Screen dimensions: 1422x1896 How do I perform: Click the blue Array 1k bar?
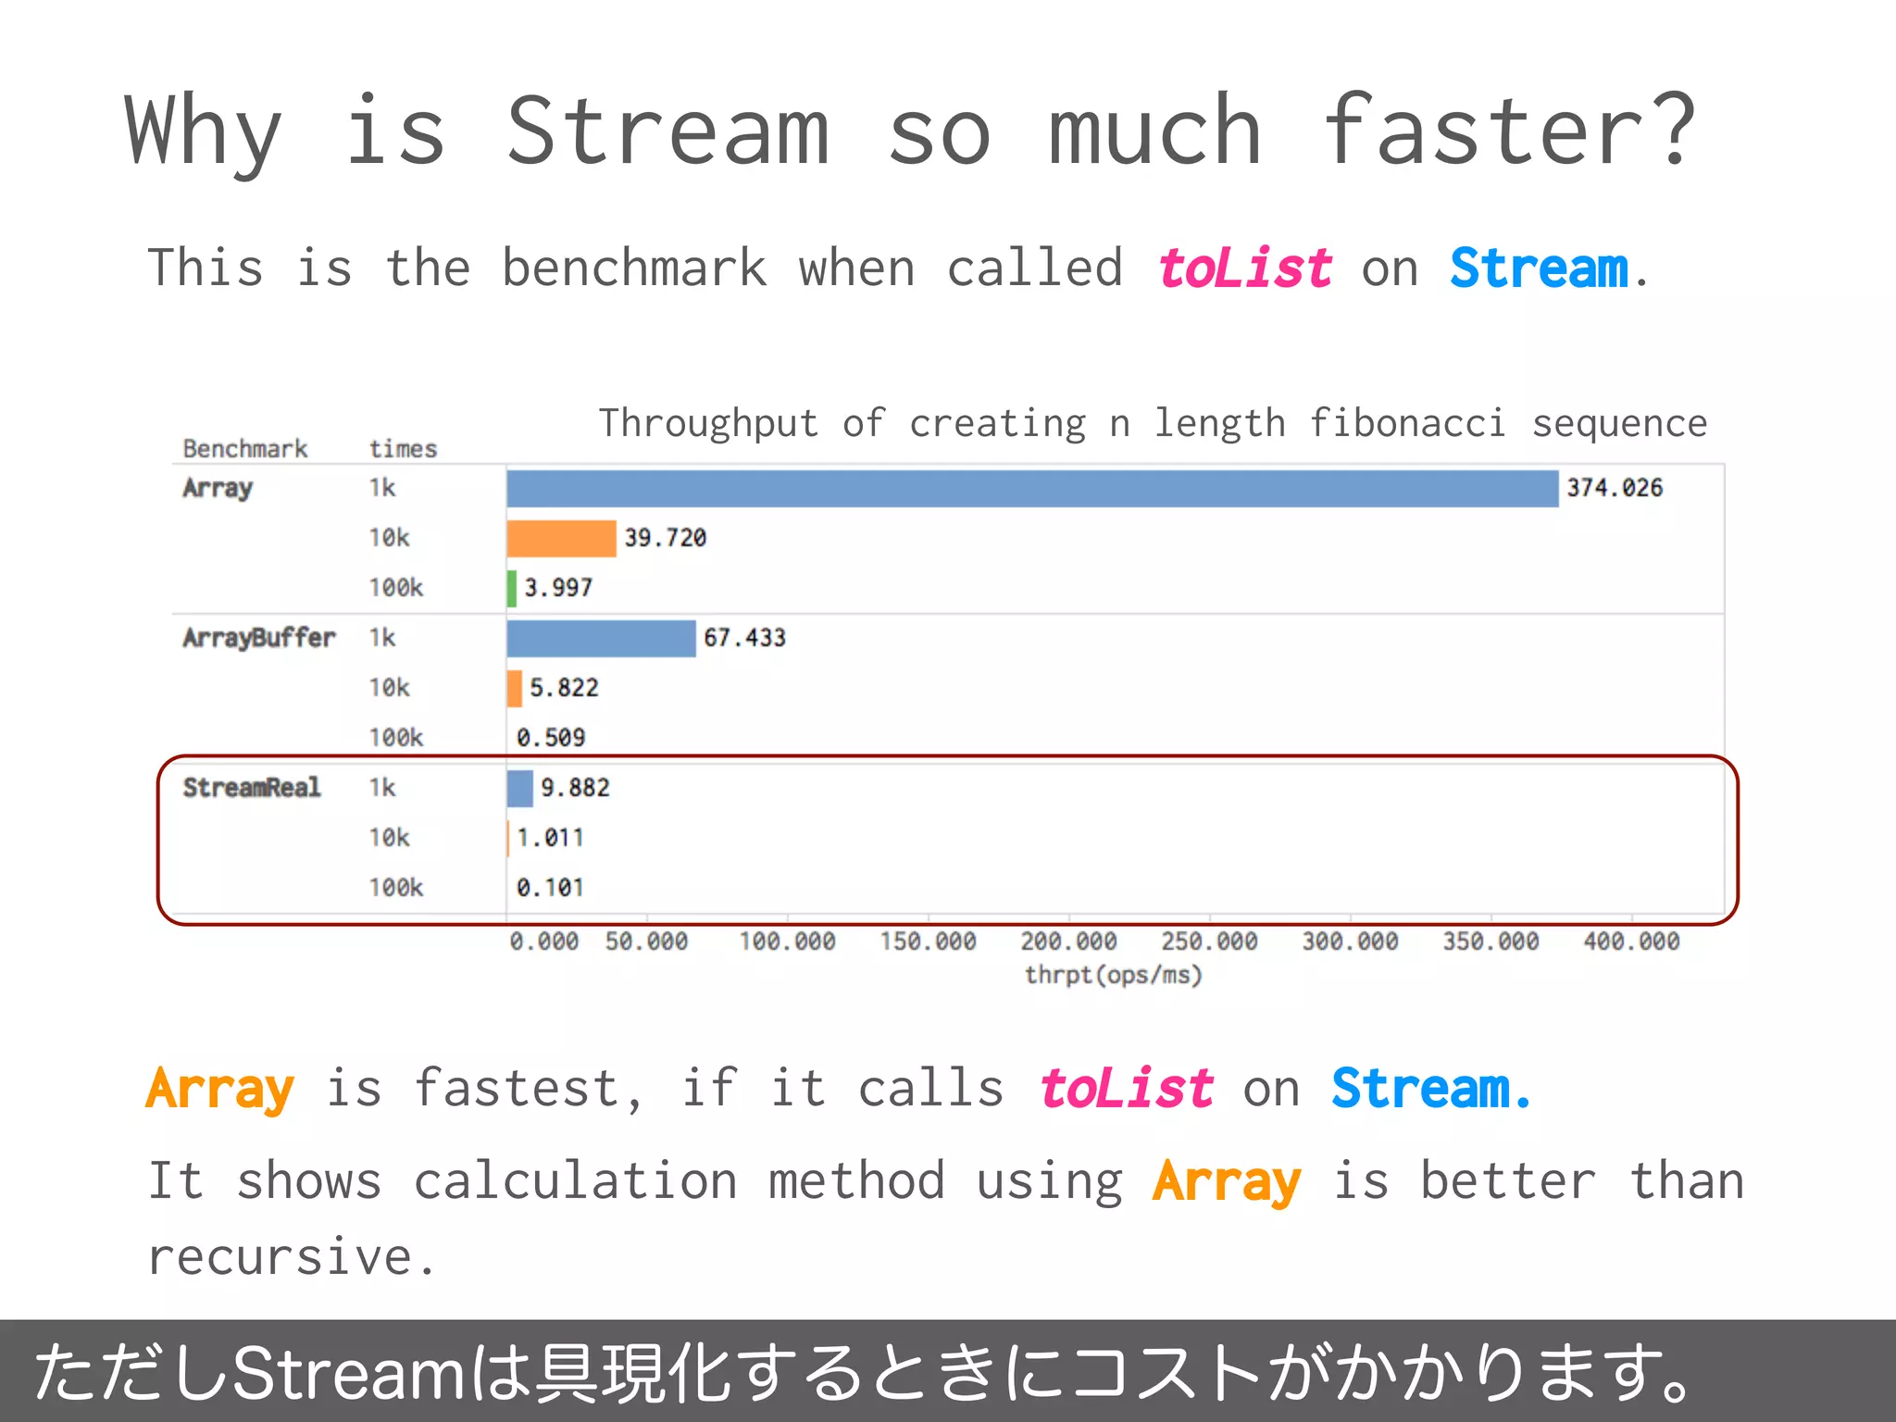point(1032,489)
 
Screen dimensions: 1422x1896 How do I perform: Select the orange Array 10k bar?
point(561,539)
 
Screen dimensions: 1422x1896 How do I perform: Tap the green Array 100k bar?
point(512,589)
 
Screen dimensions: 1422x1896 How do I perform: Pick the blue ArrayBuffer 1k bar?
point(601,639)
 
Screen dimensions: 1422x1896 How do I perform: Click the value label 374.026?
point(1614,488)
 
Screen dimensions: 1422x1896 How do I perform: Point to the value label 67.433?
point(744,638)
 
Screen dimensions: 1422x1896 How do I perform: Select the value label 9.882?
point(575,788)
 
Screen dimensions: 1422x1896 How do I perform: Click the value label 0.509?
point(551,738)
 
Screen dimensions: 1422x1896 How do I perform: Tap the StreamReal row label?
point(252,788)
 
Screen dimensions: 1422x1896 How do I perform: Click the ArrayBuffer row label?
point(258,638)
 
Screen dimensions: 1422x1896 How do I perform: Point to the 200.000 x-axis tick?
point(1068,942)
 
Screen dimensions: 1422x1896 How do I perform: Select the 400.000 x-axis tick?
point(1631,942)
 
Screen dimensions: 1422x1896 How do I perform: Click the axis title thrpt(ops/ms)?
point(1113,975)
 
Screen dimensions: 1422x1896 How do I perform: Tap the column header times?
point(403,449)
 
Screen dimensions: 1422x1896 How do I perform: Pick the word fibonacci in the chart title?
point(1406,424)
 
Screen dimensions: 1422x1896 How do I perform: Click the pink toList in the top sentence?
point(1244,269)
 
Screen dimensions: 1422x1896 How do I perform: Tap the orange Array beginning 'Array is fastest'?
point(219,1090)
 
